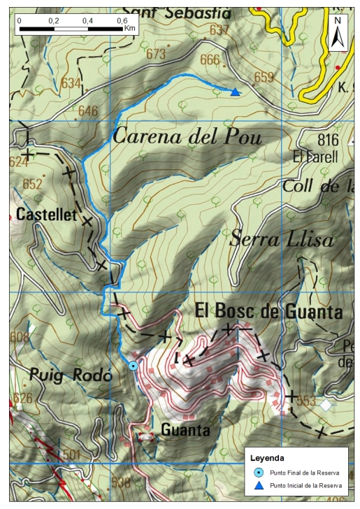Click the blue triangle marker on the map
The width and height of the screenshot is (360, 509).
tap(236, 92)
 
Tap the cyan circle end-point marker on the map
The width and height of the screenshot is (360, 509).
tap(133, 366)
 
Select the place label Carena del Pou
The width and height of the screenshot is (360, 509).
tap(187, 137)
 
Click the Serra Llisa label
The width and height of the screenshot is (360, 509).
tap(282, 240)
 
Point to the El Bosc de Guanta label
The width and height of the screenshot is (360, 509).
tap(268, 311)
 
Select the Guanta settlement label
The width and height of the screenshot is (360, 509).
tap(185, 430)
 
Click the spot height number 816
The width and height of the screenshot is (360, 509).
tap(327, 138)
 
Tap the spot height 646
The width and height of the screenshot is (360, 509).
tap(88, 110)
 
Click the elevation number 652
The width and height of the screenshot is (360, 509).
tap(33, 185)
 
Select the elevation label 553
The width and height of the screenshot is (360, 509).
tap(305, 401)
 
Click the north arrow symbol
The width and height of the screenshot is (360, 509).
tap(338, 34)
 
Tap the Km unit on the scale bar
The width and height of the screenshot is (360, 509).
tap(130, 29)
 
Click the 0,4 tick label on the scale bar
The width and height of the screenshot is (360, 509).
tap(87, 21)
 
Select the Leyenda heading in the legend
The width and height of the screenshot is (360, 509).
tap(268, 459)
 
